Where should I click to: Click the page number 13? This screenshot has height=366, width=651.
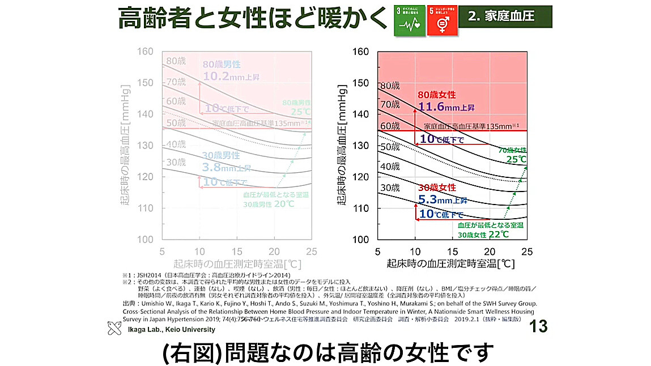click(x=538, y=327)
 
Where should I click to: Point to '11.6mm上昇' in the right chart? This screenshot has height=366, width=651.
click(x=446, y=106)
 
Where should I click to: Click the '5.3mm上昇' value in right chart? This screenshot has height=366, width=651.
click(x=442, y=199)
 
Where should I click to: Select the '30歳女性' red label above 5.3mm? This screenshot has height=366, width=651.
click(x=437, y=188)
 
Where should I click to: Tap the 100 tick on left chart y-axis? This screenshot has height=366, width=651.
click(x=146, y=239)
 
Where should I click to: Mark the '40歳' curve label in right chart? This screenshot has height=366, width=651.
click(x=390, y=167)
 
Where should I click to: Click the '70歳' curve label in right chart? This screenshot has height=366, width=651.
click(x=390, y=104)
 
